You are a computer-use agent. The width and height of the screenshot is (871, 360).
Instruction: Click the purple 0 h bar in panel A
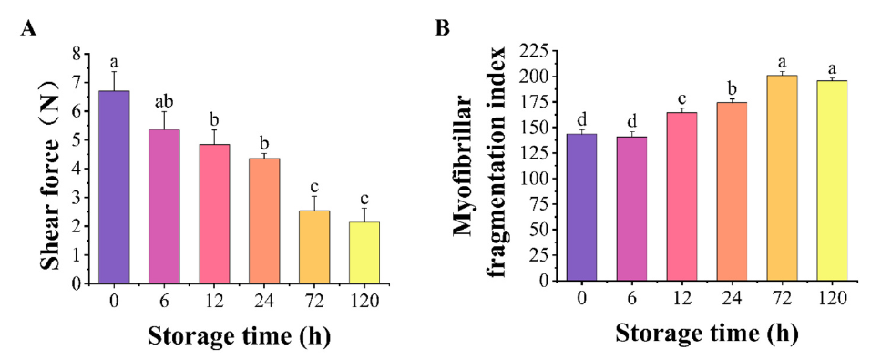point(115,187)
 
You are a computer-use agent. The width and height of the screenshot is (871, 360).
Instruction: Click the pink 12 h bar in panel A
point(214,213)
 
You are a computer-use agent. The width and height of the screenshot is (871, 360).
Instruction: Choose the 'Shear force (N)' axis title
point(53,169)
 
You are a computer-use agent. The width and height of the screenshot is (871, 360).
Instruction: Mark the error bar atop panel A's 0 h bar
point(115,80)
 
